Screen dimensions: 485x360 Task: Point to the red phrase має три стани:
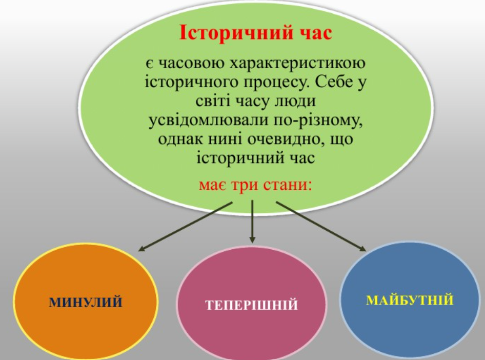(x=255, y=185)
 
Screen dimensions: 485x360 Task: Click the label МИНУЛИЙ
(x=86, y=302)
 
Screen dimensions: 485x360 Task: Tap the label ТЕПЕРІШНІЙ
(x=251, y=305)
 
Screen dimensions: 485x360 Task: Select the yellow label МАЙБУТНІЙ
(x=410, y=301)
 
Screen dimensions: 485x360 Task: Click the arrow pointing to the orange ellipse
(x=185, y=226)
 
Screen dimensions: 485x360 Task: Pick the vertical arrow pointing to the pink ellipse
(x=252, y=222)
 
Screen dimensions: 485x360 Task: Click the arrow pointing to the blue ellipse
(x=321, y=226)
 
